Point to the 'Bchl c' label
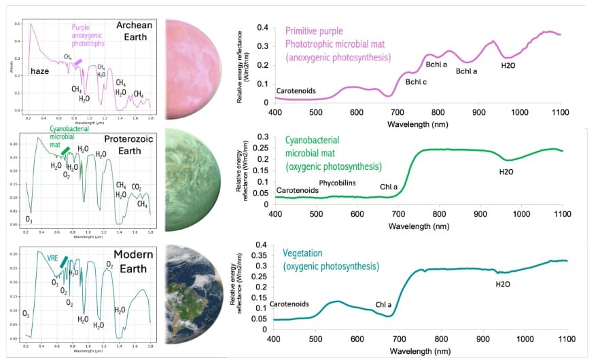(x=415, y=82)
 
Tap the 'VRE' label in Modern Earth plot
(x=52, y=258)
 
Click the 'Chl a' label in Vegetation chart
(x=384, y=305)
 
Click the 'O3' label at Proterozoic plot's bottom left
(x=28, y=219)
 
